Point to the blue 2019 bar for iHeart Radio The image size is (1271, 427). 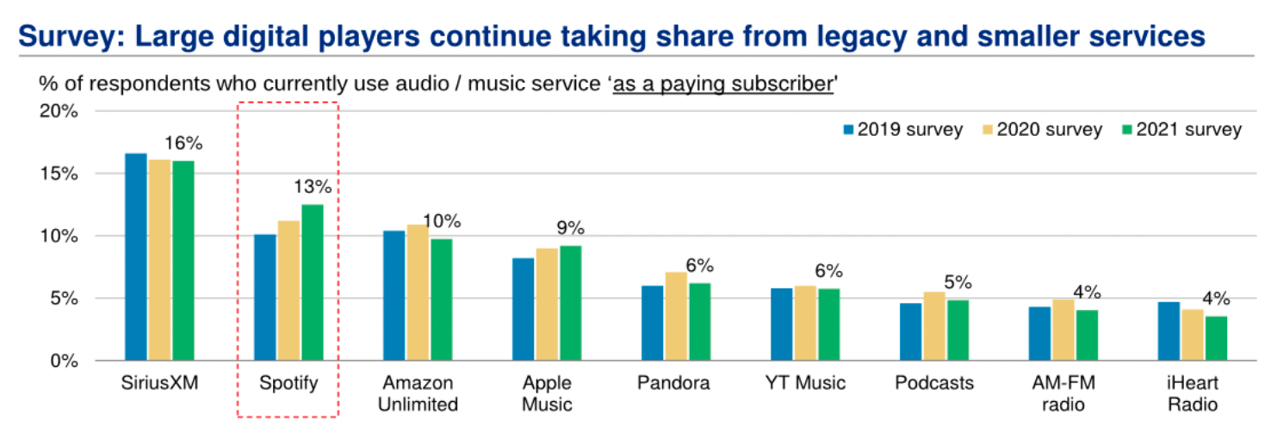coord(1169,331)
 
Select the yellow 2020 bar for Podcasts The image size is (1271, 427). coord(933,326)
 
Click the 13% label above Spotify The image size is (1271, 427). coord(312,187)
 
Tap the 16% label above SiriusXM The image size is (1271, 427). coord(183,143)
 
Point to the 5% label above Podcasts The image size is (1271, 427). coord(957,282)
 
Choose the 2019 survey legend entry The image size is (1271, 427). coord(902,130)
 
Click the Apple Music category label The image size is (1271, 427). coord(548,393)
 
